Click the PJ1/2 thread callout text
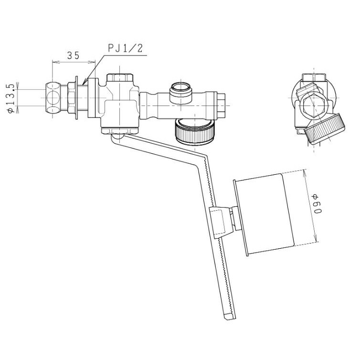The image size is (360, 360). point(126,48)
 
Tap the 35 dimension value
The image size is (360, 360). point(73,55)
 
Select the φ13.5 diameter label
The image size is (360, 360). point(11,98)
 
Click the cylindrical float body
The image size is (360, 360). point(264,214)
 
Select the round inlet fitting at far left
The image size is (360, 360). point(53,97)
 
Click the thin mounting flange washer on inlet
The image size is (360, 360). point(76,98)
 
